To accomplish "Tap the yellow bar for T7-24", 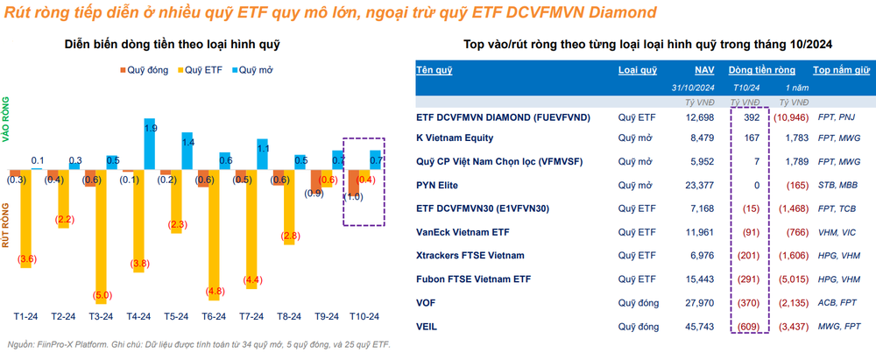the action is click(x=251, y=229).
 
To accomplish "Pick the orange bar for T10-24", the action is click(x=353, y=183).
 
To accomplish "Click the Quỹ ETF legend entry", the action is click(x=200, y=70).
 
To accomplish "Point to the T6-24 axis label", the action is click(x=214, y=316).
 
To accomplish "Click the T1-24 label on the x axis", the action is click(x=25, y=316).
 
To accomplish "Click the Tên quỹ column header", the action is click(x=434, y=70).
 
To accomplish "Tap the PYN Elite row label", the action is click(x=437, y=185).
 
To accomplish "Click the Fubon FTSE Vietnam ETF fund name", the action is click(x=474, y=279).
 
